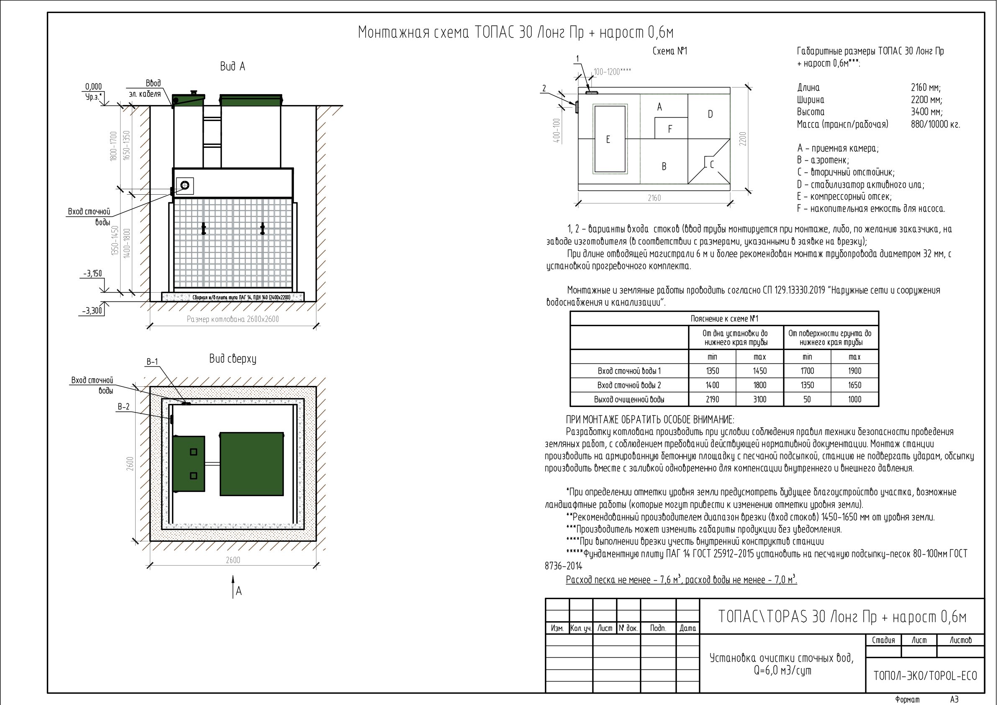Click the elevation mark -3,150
[x=93, y=274]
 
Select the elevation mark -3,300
[x=92, y=311]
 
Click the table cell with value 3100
[x=760, y=399]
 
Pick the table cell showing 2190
[x=712, y=399]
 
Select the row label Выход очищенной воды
[x=629, y=399]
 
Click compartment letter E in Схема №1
[x=608, y=139]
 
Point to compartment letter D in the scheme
[x=710, y=114]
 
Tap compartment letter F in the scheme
[x=670, y=129]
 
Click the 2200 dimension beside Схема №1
[x=743, y=139]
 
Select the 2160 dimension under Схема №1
[x=654, y=198]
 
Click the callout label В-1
[x=152, y=362]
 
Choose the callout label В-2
[x=123, y=407]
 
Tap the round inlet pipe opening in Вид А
[x=185, y=185]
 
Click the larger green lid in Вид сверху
[x=252, y=464]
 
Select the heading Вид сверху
[x=233, y=359]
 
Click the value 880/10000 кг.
[x=935, y=125]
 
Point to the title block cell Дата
[x=688, y=628]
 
